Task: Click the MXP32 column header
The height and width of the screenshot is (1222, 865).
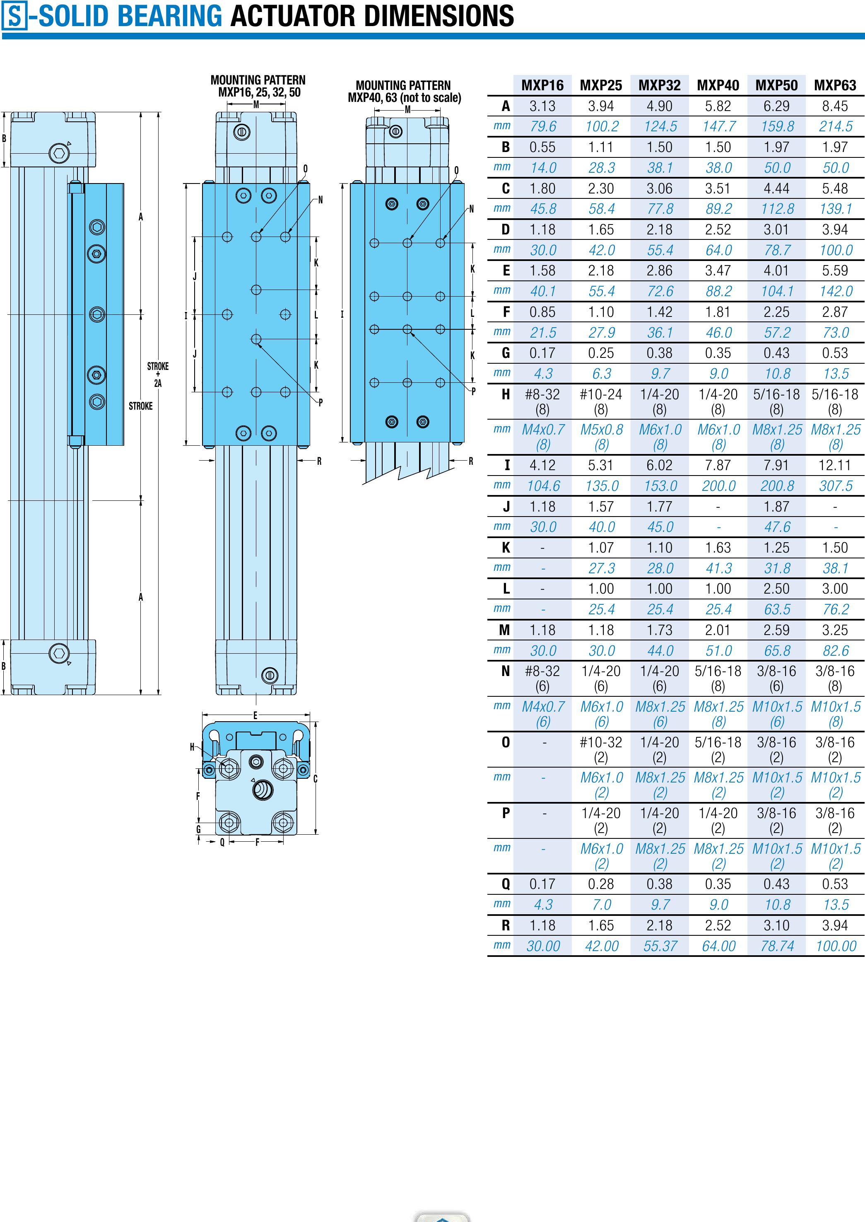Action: [x=659, y=85]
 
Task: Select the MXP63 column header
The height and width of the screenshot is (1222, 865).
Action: [x=835, y=85]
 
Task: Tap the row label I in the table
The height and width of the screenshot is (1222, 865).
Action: [x=506, y=465]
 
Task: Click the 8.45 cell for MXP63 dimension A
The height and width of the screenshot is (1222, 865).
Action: [x=835, y=106]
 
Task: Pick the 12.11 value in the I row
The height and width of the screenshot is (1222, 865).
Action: [x=835, y=465]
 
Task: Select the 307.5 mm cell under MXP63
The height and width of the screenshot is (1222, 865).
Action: [x=836, y=486]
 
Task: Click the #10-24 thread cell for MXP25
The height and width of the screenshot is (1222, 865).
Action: [x=601, y=402]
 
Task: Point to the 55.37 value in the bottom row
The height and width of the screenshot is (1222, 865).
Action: [x=660, y=946]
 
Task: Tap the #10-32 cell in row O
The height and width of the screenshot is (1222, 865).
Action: [x=601, y=749]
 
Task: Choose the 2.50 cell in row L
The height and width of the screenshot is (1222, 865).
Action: [x=776, y=589]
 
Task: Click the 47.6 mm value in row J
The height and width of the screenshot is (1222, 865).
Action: [x=777, y=527]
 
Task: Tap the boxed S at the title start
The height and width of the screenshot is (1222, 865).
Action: [x=14, y=16]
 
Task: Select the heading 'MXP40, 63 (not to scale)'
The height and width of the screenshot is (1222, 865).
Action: [x=404, y=97]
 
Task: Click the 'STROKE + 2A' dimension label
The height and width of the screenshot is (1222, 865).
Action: [x=158, y=374]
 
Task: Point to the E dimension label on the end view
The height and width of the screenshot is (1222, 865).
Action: [x=255, y=715]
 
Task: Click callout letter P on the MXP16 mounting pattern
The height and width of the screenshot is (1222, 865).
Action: [x=320, y=402]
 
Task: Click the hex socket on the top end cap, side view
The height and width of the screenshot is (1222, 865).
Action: [x=58, y=153]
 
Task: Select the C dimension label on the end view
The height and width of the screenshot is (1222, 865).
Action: [x=316, y=779]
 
